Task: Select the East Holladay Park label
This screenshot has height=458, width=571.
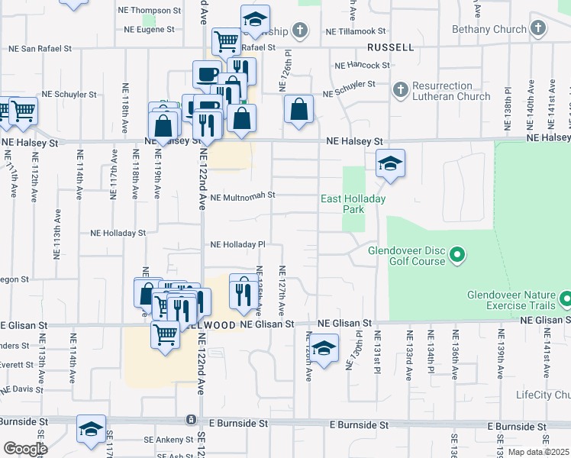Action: [x=353, y=204]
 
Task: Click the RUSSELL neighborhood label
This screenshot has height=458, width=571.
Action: [x=390, y=47]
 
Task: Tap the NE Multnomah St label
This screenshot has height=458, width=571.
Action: [x=242, y=196]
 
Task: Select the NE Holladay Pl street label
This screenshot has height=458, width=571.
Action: [x=237, y=245]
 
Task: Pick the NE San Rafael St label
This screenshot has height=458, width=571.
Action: [x=40, y=48]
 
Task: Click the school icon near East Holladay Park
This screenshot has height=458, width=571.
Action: [x=390, y=163]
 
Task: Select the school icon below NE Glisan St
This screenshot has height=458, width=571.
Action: [x=324, y=349]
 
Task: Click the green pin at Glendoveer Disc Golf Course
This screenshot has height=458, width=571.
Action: [x=457, y=254]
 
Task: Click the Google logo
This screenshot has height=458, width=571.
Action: [x=24, y=450]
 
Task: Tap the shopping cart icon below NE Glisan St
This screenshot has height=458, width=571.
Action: [x=165, y=334]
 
